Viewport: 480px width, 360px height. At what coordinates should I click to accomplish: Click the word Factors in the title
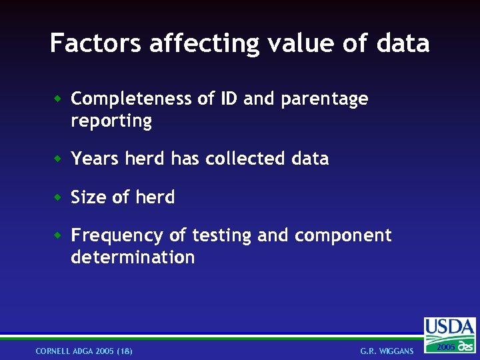96,43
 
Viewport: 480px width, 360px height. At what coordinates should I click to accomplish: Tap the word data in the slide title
403,43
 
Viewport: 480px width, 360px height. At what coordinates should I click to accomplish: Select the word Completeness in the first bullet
132,99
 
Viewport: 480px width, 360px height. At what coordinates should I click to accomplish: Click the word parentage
325,99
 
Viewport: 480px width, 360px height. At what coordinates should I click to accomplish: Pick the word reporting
111,121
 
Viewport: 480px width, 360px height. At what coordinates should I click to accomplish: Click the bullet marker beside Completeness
59,99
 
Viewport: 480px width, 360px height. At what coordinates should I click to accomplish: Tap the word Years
93,159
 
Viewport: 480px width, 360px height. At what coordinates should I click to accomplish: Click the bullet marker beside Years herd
59,159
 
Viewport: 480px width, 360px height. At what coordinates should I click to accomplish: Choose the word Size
89,197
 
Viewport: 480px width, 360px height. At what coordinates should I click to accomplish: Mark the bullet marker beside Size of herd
59,197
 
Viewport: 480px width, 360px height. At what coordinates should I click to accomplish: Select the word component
343,236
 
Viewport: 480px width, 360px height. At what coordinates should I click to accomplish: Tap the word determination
133,257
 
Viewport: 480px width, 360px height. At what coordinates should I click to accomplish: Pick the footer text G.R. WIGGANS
387,351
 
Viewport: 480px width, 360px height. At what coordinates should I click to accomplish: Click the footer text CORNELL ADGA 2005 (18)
84,351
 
